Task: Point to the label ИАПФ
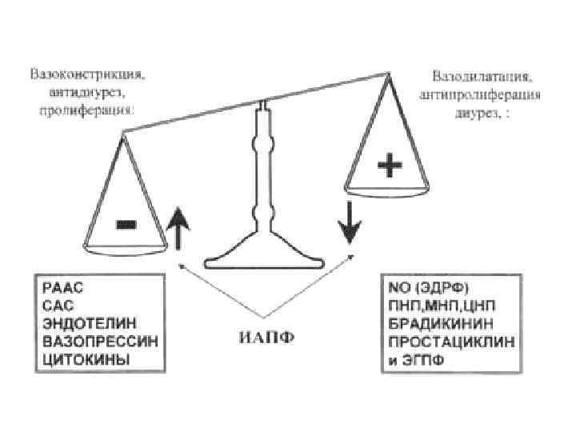pyautogui.click(x=267, y=334)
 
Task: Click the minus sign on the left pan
pyautogui.click(x=126, y=225)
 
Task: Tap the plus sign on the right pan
pyautogui.click(x=390, y=167)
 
